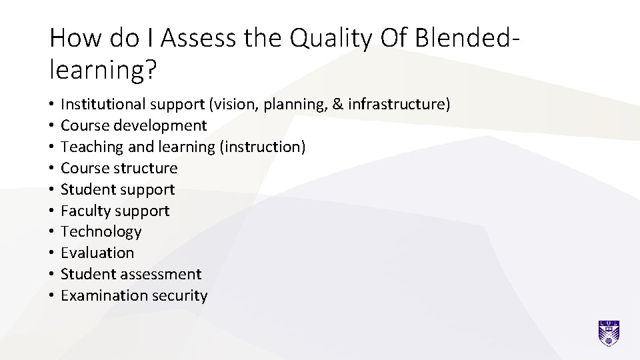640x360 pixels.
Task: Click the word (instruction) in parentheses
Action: pyautogui.click(x=263, y=147)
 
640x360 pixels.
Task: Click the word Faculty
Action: pyautogui.click(x=85, y=211)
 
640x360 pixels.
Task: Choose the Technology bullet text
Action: pyautogui.click(x=101, y=232)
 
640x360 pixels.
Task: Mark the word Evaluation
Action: pyautogui.click(x=97, y=253)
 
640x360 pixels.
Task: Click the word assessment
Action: pyautogui.click(x=160, y=274)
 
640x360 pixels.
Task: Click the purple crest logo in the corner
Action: pyautogui.click(x=609, y=333)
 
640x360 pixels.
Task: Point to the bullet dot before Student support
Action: pyautogui.click(x=51, y=190)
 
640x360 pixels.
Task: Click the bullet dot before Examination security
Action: pyautogui.click(x=51, y=296)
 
